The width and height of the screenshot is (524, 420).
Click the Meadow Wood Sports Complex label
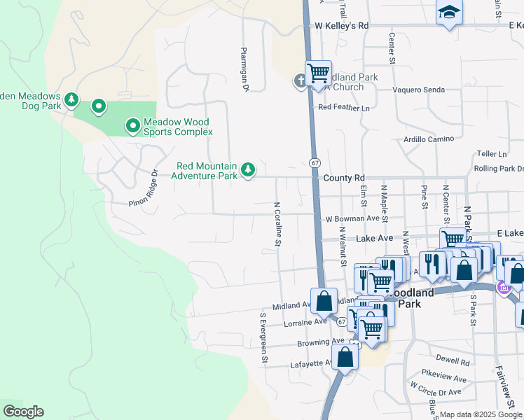pos(177,127)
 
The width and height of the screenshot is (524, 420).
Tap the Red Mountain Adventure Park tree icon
pos(247,170)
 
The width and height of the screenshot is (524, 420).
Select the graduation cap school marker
pos(448,12)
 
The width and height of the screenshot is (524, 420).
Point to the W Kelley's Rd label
pos(341,26)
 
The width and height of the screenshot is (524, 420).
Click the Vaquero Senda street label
pos(419,90)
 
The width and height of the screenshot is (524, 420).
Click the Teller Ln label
pos(491,154)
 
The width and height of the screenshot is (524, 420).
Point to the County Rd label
pos(344,178)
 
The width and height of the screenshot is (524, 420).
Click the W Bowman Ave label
pos(352,219)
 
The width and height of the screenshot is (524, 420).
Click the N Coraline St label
pos(277,224)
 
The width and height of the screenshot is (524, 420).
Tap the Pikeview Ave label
pos(442,377)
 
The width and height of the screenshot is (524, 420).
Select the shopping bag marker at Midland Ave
pos(324,301)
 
